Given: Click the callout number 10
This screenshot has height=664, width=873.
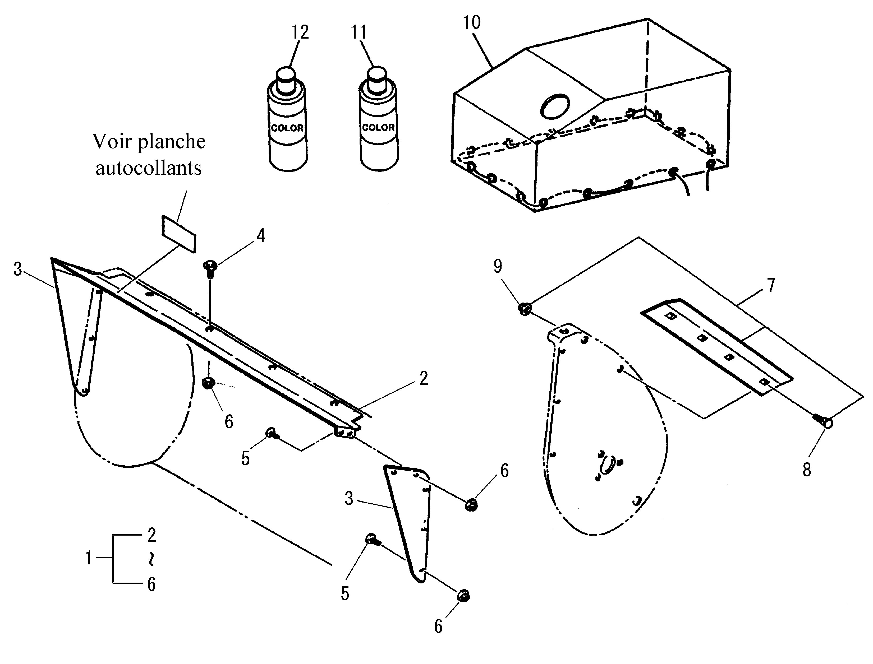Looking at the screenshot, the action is [472, 22].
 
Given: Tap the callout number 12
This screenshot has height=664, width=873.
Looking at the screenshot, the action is [300, 32].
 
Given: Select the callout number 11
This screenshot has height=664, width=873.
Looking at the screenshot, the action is [359, 32].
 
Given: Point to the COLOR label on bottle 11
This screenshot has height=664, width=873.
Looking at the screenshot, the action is [378, 127].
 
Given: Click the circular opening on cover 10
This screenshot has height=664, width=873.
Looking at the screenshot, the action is [555, 106].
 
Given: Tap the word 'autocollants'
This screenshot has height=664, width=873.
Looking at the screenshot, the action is [149, 168].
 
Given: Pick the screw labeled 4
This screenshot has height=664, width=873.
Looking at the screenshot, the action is [210, 268].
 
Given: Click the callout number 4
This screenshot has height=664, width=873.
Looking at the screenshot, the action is [261, 236].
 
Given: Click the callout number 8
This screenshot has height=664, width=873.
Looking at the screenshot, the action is [807, 470].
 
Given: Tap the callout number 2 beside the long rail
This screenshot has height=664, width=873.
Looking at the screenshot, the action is [424, 379].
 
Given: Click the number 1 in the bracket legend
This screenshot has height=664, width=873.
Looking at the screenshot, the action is [89, 559].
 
